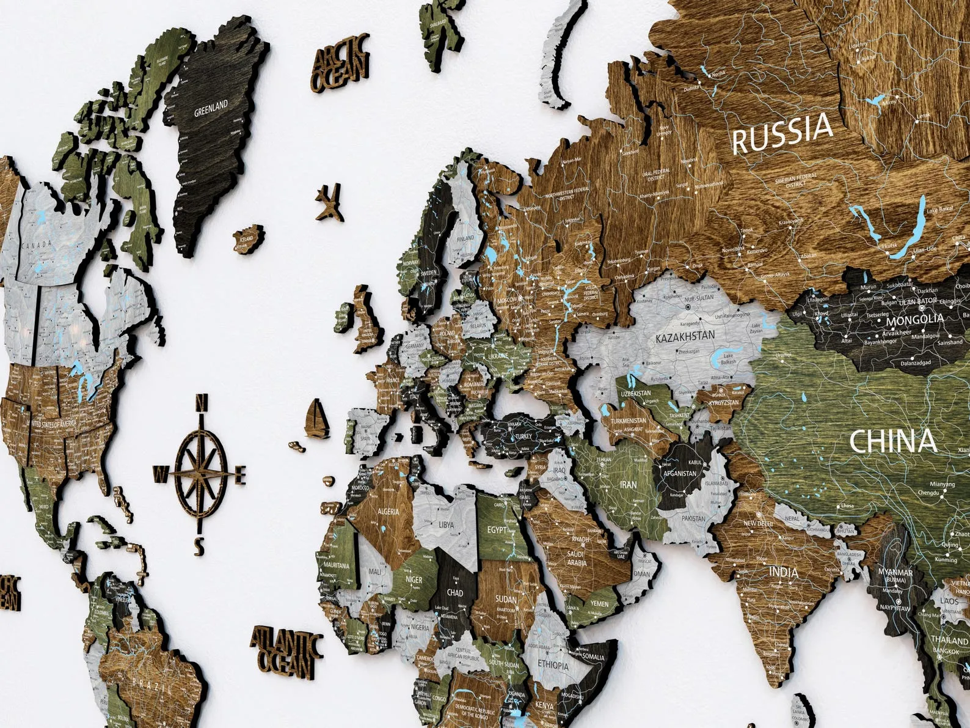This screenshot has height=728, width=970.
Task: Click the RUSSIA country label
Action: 782,134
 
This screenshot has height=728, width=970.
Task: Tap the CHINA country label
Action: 892,441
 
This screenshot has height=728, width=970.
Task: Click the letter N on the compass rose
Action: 200,403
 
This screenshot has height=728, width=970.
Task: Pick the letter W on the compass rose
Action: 161,472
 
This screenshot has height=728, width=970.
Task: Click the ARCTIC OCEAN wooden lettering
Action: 341,64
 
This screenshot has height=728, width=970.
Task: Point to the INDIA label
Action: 783,572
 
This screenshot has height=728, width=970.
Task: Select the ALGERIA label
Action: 387,511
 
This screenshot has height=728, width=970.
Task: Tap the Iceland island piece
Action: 249,240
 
